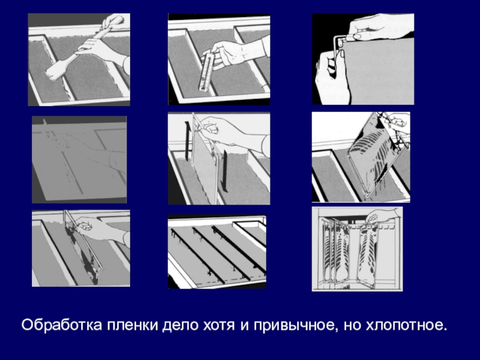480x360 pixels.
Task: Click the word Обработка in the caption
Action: pos(62,325)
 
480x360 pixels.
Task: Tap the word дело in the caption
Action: pos(181,326)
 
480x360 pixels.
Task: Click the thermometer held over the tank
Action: pos(206,71)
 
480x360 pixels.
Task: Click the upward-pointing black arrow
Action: pos(187,141)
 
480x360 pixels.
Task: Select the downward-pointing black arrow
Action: pos(225,172)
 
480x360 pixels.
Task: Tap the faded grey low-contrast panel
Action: pos(79,160)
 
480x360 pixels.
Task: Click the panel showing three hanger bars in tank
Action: pos(217,251)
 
